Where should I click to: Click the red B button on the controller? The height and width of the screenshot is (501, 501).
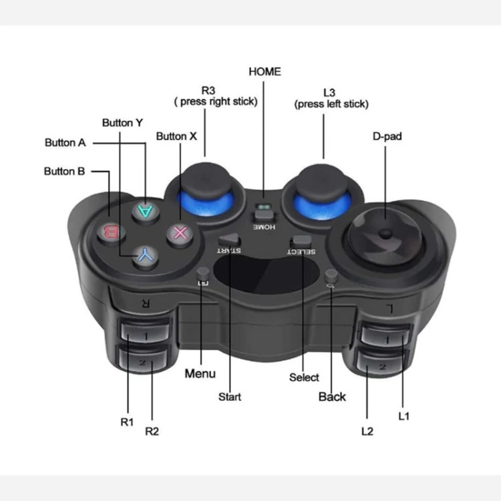point(111,233)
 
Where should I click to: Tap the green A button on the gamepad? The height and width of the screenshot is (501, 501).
point(146,211)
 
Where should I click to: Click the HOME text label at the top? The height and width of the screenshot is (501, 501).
point(265,71)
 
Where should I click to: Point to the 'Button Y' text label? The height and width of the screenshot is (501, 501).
point(122,123)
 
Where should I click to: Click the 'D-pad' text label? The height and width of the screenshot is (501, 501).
point(387,136)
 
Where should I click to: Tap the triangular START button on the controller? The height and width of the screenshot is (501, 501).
point(229,239)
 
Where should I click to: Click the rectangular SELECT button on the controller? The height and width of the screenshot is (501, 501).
point(301,241)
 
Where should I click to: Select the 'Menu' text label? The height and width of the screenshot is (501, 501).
point(200,373)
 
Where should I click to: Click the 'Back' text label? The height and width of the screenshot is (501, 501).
point(332,397)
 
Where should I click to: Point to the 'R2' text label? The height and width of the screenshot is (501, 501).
point(152,432)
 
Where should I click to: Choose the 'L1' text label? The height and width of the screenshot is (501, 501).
point(404,416)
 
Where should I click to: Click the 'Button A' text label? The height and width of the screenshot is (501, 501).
point(65,142)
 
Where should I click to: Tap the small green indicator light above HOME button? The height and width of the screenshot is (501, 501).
point(264,206)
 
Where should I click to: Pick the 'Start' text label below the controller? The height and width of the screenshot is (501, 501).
point(230,397)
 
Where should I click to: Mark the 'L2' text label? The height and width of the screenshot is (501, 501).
point(367,432)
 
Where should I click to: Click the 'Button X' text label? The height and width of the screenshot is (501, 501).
point(176,136)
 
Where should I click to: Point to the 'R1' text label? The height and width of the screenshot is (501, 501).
point(127,422)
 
